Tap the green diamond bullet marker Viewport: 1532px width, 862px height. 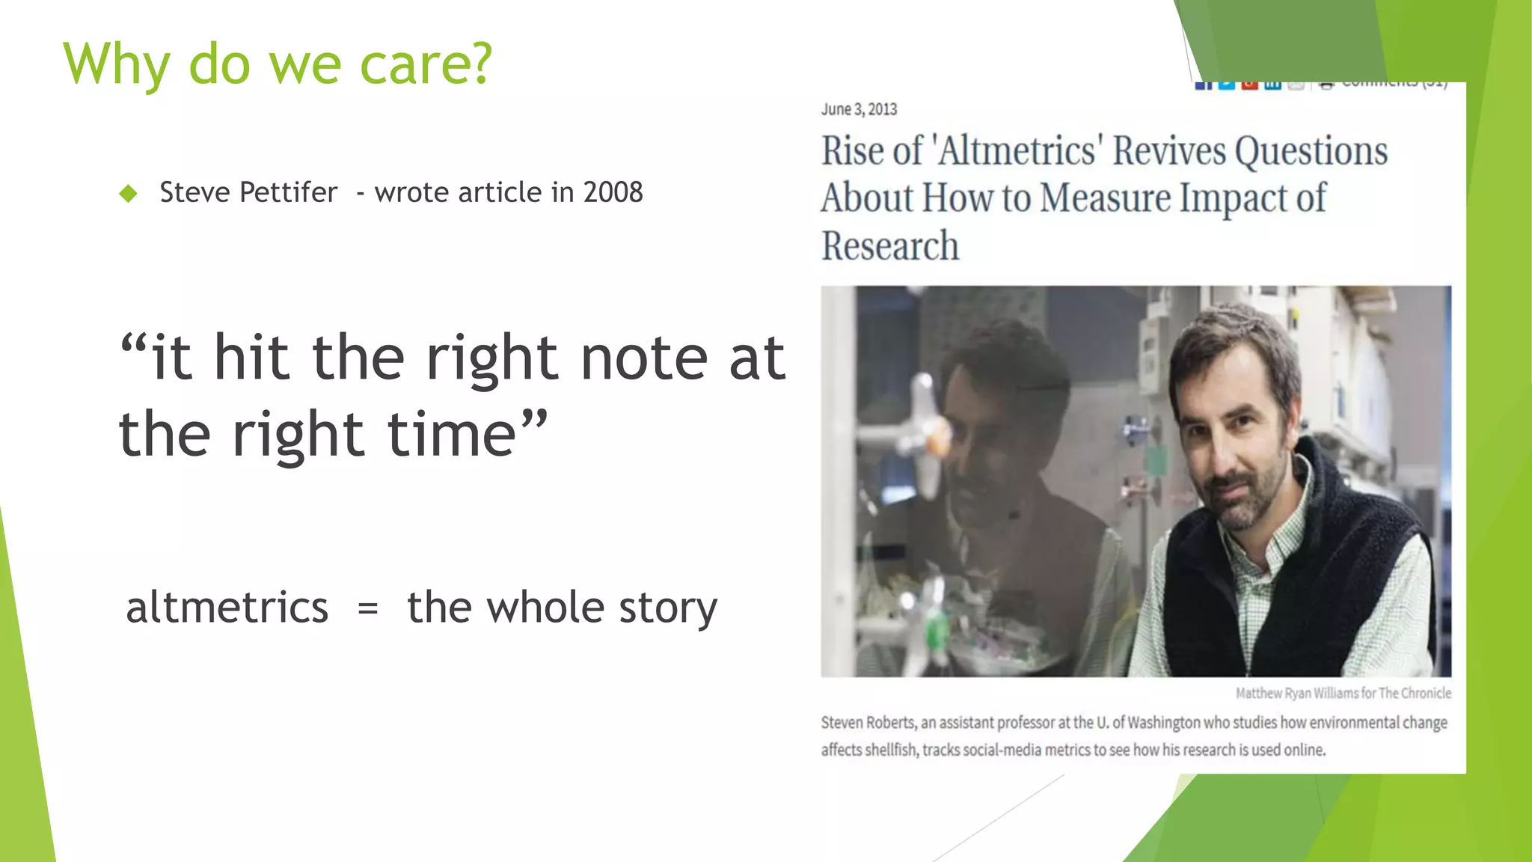(129, 194)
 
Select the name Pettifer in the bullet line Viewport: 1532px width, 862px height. (289, 192)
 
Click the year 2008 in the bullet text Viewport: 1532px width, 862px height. (613, 192)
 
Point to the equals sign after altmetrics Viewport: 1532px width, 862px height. (367, 608)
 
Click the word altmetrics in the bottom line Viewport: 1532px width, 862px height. (227, 607)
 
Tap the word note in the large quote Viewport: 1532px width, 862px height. (643, 358)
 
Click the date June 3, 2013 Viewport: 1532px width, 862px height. (859, 109)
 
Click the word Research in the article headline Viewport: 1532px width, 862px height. (889, 246)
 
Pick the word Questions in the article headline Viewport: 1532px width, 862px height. (1311, 150)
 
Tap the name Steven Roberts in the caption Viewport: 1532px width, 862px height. (867, 723)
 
